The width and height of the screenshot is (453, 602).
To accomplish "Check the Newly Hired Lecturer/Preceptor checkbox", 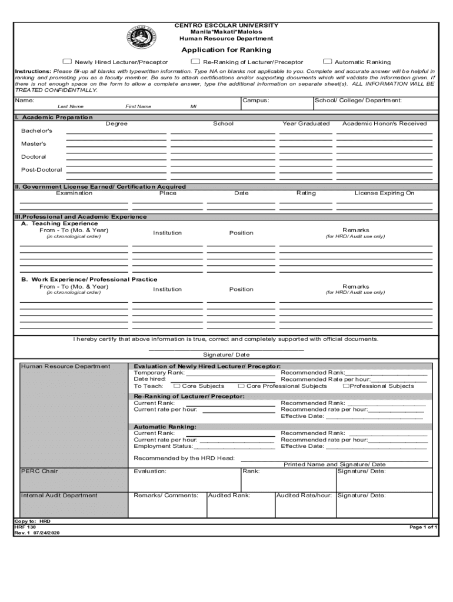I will click(67, 62).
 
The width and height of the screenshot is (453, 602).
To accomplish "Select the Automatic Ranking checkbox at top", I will click(328, 62).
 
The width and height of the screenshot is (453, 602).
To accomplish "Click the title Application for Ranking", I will click(226, 50).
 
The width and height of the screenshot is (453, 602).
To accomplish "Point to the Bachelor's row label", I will click(36, 131).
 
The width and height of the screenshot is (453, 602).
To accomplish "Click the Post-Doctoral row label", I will click(41, 170).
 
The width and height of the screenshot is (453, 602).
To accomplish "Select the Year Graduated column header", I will click(306, 123).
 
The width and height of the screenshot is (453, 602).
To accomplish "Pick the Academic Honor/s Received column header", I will click(385, 123).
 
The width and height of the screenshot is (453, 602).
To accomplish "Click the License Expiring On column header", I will click(384, 193).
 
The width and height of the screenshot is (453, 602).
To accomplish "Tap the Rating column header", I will click(306, 193).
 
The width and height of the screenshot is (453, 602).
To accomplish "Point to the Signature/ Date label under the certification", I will click(226, 354).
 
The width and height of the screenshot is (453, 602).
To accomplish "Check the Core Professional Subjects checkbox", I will click(241, 386).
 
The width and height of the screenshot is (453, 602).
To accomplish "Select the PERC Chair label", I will click(39, 471).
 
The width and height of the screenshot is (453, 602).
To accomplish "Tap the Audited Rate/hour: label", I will click(304, 495).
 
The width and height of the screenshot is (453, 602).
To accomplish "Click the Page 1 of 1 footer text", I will click(424, 527).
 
